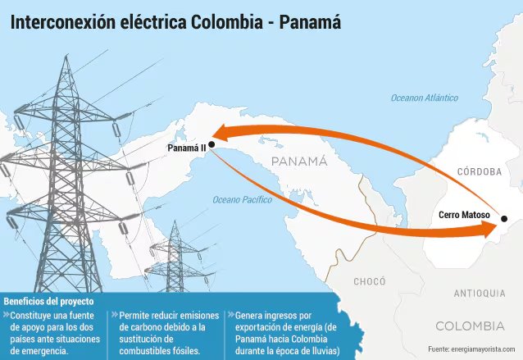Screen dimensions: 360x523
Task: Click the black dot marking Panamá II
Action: [211, 144]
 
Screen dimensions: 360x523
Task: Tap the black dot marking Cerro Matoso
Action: [504, 219]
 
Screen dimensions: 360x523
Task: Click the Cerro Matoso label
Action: [464, 215]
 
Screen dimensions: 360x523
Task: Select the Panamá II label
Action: [186, 148]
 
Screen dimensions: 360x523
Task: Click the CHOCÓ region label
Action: [369, 281]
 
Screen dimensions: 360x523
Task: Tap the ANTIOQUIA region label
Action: [480, 293]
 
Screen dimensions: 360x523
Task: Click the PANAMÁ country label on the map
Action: [299, 161]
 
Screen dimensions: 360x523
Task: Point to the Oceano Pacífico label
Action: [243, 199]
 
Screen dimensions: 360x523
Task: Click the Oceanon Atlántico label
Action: [424, 98]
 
